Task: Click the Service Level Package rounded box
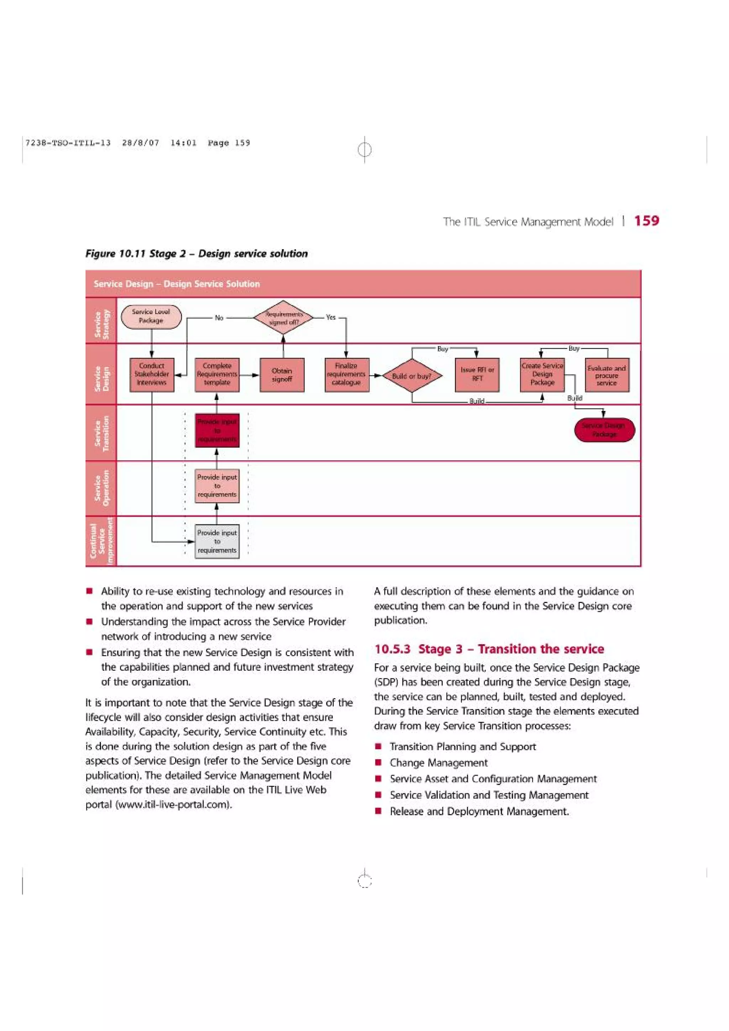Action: click(151, 317)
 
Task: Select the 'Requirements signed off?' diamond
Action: click(283, 317)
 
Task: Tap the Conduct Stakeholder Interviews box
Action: click(152, 375)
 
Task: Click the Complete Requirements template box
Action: click(217, 375)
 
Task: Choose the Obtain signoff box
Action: click(282, 375)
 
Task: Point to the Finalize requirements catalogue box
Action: click(346, 375)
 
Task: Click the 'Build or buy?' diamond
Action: click(412, 376)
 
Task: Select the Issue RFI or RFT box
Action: click(477, 375)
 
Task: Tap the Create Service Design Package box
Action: click(542, 375)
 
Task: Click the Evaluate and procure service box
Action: click(607, 375)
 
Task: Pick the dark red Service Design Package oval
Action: click(604, 430)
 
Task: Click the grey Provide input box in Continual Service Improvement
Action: click(217, 541)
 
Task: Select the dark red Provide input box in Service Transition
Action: click(217, 430)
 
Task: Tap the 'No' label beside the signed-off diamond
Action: click(219, 317)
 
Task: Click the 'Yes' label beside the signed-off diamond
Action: click(331, 317)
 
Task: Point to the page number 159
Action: click(646, 221)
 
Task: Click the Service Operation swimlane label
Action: click(101, 488)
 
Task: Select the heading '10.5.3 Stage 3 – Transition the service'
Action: click(489, 649)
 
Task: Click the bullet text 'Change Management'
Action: click(439, 762)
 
